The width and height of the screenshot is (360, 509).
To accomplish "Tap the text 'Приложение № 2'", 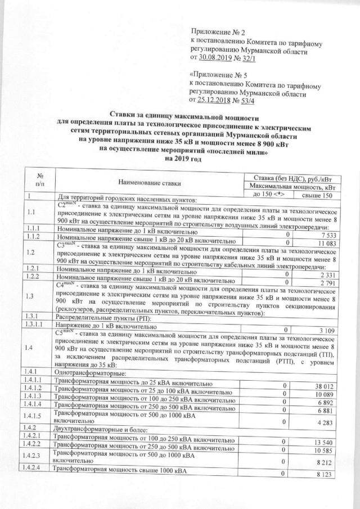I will (x=216, y=30).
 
